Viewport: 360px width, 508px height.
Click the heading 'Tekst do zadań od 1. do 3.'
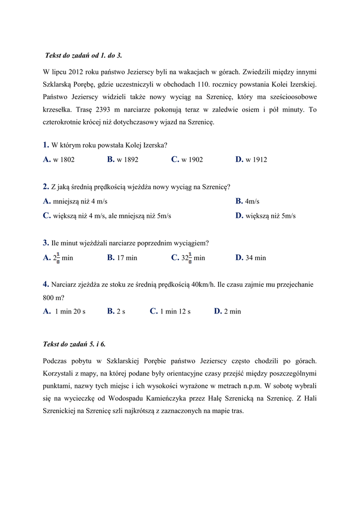pyautogui.click(x=83, y=55)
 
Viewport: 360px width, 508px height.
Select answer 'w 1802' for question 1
pyautogui.click(x=64, y=160)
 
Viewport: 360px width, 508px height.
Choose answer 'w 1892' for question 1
pyautogui.click(x=128, y=160)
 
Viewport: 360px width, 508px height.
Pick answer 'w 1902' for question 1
pyautogui.click(x=192, y=160)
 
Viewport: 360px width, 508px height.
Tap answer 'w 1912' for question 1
pyautogui.click(x=256, y=160)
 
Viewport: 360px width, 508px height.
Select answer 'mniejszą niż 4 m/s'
pyautogui.click(x=79, y=201)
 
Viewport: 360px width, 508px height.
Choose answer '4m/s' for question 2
pyautogui.click(x=252, y=201)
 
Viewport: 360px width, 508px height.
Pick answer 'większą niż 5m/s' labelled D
pyautogui.click(x=270, y=216)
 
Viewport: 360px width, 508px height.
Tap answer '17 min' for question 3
pyautogui.click(x=127, y=258)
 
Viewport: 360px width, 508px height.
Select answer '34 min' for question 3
pyautogui.click(x=256, y=258)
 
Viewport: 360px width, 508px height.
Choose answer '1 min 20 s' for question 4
pyautogui.click(x=70, y=312)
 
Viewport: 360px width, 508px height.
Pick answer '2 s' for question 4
pyautogui.click(x=121, y=312)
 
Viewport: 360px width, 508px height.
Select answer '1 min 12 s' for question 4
pyautogui.click(x=175, y=312)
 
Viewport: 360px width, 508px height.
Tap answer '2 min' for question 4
pyautogui.click(x=232, y=312)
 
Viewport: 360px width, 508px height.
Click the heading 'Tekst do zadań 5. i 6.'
pyautogui.click(x=74, y=344)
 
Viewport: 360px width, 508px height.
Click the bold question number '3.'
pyautogui.click(x=46, y=243)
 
